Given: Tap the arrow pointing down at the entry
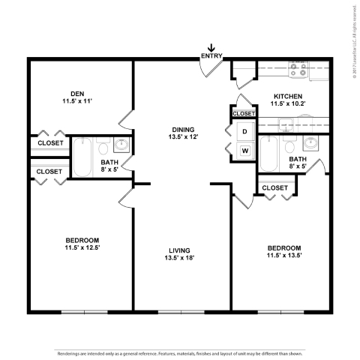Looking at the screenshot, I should (x=211, y=48).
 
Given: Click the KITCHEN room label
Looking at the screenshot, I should (x=287, y=96).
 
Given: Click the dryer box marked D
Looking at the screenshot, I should (x=244, y=131).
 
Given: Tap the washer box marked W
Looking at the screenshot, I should (x=244, y=150).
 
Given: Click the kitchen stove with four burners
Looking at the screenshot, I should (x=298, y=72).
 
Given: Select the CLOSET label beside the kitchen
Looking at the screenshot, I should (x=244, y=113).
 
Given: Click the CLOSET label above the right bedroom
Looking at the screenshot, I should (x=274, y=187).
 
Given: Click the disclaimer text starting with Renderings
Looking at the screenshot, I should (x=180, y=352).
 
